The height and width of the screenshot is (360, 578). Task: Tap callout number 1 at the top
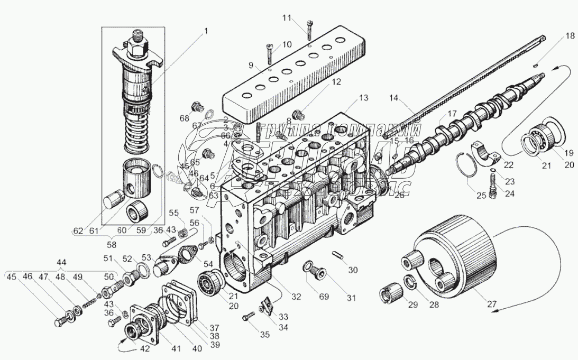(x=207, y=31)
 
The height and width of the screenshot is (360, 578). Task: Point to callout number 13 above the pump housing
(x=362, y=98)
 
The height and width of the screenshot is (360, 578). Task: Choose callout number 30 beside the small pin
(x=353, y=270)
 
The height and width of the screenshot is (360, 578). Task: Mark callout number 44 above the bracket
(x=61, y=262)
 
